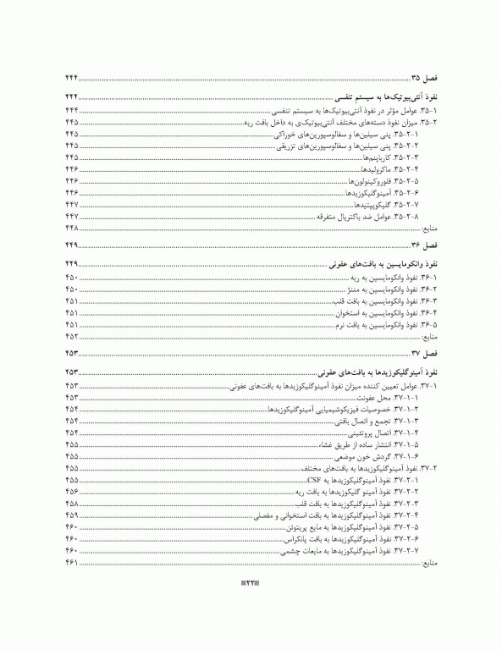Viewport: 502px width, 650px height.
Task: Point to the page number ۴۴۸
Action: pyautogui.click(x=71, y=229)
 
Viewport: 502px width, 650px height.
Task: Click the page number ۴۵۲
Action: pyautogui.click(x=71, y=336)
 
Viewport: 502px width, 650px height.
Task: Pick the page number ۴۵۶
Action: pyautogui.click(x=71, y=491)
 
